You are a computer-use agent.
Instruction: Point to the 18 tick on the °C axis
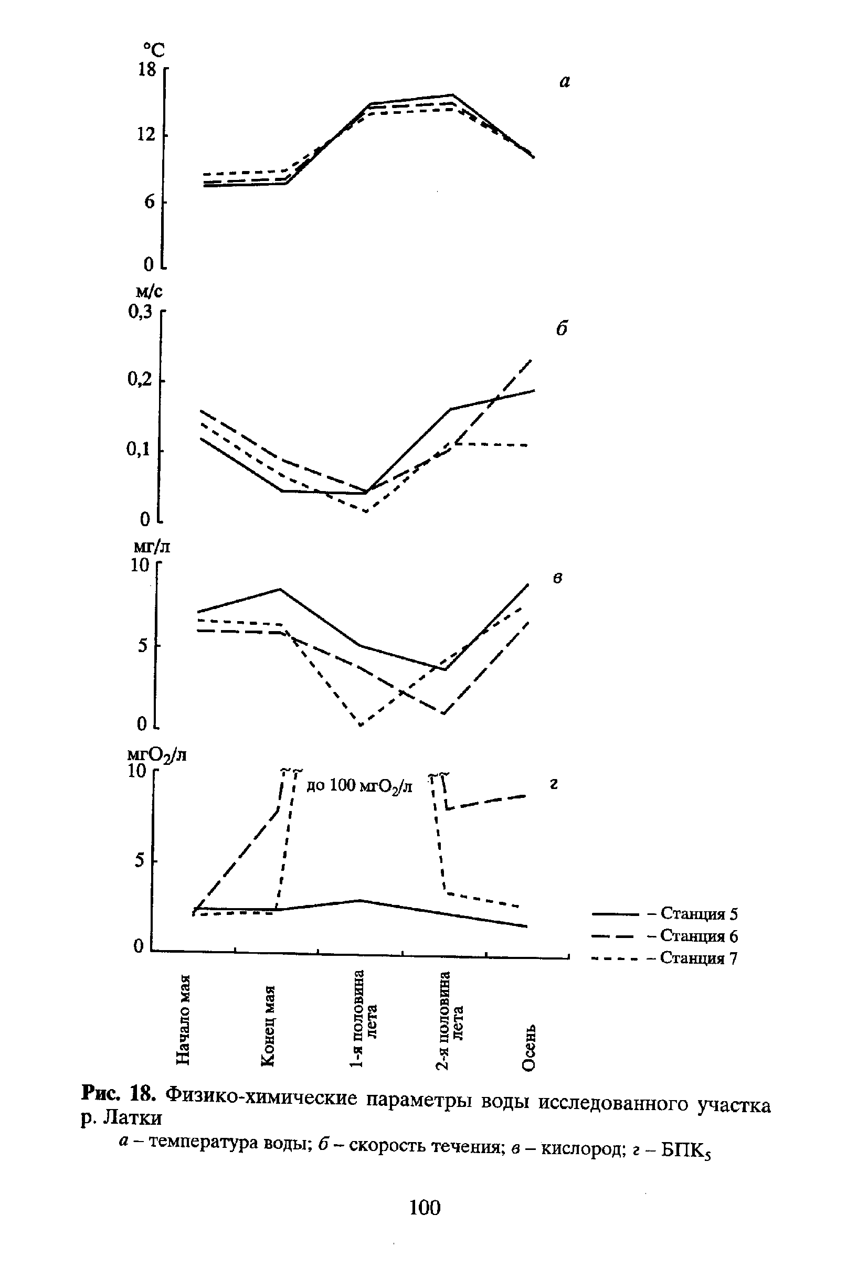point(147,70)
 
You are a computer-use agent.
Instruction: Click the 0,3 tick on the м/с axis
point(140,313)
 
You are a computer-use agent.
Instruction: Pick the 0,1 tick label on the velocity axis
point(139,450)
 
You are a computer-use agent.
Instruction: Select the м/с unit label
point(149,291)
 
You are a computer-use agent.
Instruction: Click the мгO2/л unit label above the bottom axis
point(157,754)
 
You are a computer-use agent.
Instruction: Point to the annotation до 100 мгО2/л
point(359,786)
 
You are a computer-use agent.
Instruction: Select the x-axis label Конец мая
point(268,1025)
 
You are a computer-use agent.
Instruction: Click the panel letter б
point(561,328)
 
